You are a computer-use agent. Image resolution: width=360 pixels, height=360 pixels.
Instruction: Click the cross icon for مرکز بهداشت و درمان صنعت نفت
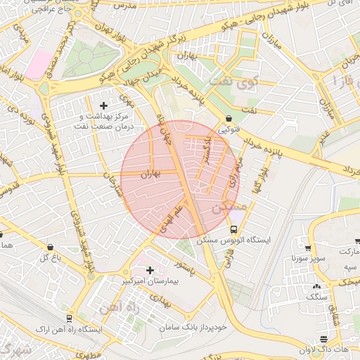pyautogui.click(x=104, y=105)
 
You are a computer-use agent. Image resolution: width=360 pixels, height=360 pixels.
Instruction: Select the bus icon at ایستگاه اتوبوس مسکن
pyautogui.click(x=234, y=229)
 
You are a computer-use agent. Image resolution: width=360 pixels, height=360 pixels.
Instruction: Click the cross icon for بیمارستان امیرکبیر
pyautogui.click(x=149, y=270)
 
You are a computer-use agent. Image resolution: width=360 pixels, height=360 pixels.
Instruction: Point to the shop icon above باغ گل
pyautogui.click(x=50, y=247)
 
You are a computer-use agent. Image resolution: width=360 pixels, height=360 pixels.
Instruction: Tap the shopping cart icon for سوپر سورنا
pyautogui.click(x=308, y=247)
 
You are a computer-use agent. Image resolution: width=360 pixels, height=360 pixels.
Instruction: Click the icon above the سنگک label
pyautogui.click(x=316, y=286)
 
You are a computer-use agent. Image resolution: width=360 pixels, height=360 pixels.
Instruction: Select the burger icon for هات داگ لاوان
pyautogui.click(x=323, y=340)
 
